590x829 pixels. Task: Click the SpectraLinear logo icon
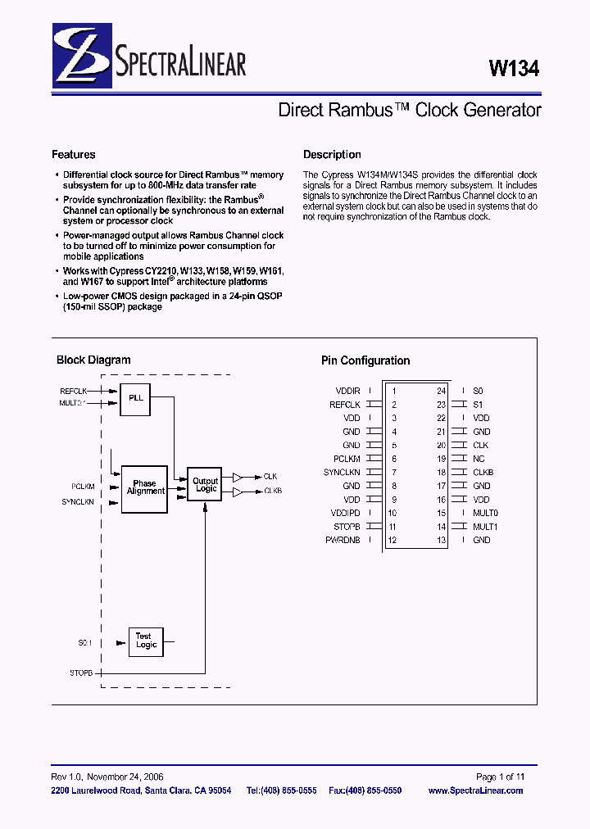point(79,56)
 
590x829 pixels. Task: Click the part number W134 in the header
point(514,70)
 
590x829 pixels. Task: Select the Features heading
point(73,155)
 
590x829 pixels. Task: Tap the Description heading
point(332,155)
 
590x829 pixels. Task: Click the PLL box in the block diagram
point(136,397)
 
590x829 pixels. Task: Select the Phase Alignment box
point(145,488)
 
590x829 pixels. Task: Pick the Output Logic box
point(205,486)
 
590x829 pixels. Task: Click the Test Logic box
point(146,641)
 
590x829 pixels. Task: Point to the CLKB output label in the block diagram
point(273,491)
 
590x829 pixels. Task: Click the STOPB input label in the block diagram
point(83,673)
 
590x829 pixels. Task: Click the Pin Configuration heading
point(365,360)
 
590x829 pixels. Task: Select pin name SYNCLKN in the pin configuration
point(342,473)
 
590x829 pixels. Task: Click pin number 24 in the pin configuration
point(441,392)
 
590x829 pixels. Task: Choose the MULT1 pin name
point(485,527)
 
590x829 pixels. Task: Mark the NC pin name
point(479,459)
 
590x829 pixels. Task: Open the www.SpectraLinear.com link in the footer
point(475,790)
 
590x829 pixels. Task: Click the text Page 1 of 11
point(500,777)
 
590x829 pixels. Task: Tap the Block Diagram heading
point(93,360)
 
